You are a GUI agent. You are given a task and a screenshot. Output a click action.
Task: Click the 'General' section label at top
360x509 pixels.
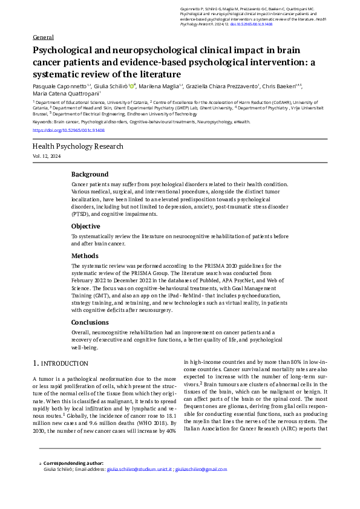coord(43,37)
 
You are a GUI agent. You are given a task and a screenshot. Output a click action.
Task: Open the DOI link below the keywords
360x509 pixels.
coord(68,130)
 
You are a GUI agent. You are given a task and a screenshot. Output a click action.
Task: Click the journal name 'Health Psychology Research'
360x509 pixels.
coord(77,146)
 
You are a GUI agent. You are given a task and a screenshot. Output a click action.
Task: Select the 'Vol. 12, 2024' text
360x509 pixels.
coord(47,157)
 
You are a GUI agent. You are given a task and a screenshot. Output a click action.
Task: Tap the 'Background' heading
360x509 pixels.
coord(90,174)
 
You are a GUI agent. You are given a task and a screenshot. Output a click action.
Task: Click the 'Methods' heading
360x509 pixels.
coord(85,256)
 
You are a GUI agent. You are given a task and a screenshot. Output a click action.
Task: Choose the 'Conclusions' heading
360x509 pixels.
coord(90,322)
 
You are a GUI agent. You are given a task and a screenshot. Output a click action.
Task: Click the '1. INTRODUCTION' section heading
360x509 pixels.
coord(60,363)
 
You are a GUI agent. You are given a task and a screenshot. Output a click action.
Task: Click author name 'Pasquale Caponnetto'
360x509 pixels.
coord(60,87)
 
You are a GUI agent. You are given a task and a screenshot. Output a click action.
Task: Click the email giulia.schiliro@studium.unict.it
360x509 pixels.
coord(140,469)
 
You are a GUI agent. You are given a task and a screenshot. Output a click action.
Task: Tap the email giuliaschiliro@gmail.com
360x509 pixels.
coord(201,469)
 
